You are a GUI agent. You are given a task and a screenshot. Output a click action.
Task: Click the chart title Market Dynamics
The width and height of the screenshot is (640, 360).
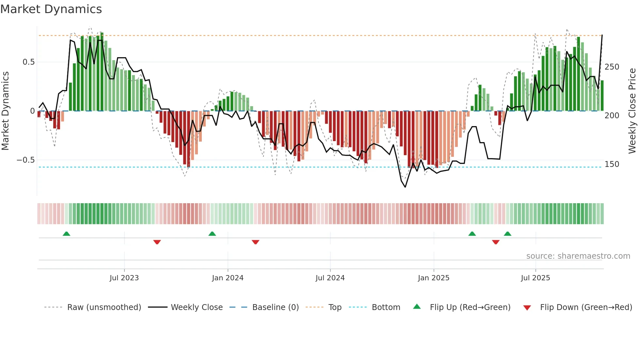click(51, 9)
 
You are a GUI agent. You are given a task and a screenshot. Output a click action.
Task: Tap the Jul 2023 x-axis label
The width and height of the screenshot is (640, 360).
click(124, 278)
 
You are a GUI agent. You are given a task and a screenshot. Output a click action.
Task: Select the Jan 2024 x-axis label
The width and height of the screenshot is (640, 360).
click(228, 278)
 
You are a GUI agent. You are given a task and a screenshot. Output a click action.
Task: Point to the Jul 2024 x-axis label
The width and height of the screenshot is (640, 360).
click(330, 278)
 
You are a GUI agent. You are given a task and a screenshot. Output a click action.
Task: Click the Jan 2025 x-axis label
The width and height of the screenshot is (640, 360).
click(434, 278)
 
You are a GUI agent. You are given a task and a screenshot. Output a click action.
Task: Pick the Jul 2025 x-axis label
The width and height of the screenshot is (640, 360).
click(536, 278)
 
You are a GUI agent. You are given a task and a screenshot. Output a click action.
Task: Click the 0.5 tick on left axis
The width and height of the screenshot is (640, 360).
click(29, 62)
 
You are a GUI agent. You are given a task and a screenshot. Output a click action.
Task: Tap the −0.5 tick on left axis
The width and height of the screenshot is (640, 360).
click(26, 160)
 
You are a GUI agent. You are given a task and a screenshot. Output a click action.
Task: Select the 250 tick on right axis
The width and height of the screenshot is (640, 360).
click(612, 67)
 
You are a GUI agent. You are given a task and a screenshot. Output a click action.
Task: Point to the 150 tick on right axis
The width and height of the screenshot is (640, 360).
click(612, 164)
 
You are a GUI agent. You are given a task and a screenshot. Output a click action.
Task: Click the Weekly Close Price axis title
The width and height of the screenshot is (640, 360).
click(632, 111)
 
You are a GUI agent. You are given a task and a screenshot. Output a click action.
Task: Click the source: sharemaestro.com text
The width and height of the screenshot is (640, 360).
click(578, 256)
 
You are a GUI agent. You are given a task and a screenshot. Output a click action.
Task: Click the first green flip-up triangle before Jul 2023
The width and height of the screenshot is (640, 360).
click(66, 234)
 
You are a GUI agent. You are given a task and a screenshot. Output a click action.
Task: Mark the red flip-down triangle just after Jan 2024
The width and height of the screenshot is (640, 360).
click(255, 242)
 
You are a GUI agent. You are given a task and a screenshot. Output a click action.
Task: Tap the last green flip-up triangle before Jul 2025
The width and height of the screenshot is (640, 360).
click(507, 234)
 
